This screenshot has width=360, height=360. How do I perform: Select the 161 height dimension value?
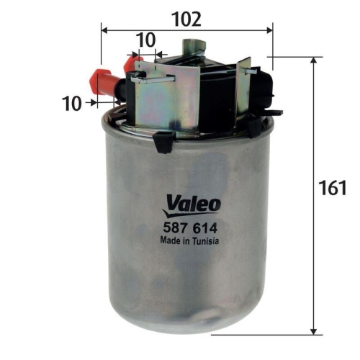pyautogui.click(x=332, y=189)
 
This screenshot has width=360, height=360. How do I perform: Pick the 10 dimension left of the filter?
pyautogui.click(x=71, y=103)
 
